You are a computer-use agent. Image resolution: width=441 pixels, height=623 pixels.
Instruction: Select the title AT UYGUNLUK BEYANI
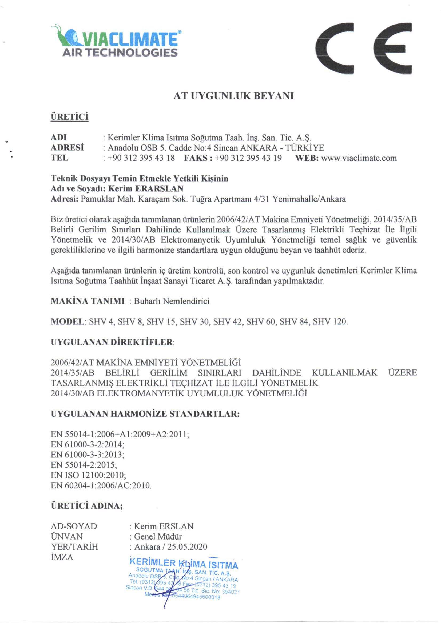[x=233, y=96]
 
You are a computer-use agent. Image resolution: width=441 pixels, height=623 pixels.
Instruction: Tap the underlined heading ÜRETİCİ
[x=70, y=117]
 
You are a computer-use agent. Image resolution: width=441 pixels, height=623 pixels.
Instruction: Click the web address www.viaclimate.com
[x=359, y=158]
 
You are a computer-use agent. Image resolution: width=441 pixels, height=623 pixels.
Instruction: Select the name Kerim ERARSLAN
[x=146, y=188]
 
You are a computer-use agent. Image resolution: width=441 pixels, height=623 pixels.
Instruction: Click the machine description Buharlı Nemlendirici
[x=172, y=301]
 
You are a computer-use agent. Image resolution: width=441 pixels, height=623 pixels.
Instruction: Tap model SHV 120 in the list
[x=330, y=322]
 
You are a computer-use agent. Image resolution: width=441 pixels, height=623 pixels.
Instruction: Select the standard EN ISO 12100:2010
[x=88, y=475]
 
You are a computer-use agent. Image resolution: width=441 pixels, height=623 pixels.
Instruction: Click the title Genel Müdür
[x=158, y=536]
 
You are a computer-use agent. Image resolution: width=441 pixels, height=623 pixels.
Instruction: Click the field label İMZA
[x=62, y=557]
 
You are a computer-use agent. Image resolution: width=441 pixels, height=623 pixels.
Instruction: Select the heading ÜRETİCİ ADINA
[x=86, y=506]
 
